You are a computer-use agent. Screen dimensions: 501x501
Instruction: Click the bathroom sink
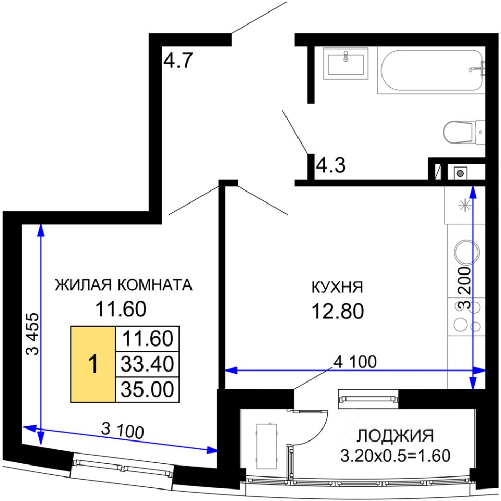345,63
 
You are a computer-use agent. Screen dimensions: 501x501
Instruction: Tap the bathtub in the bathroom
432,70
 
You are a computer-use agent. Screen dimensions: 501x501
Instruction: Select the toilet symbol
464,132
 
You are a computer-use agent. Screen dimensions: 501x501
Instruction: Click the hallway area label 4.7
178,60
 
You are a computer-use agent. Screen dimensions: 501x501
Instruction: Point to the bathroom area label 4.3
331,165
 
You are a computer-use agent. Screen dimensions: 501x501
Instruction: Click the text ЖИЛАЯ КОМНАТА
124,285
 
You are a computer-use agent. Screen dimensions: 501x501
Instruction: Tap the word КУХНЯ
337,287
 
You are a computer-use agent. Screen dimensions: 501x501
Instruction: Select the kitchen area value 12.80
338,311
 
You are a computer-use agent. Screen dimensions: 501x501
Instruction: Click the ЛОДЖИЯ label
395,436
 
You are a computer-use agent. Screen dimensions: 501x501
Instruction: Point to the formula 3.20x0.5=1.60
395,456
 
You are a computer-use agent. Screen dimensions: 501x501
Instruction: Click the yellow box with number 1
93,364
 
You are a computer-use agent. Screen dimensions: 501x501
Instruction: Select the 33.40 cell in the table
147,364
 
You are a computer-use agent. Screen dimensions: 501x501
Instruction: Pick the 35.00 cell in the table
147,389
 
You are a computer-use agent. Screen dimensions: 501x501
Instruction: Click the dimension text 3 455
32,334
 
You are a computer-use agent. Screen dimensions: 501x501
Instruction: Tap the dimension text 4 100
355,362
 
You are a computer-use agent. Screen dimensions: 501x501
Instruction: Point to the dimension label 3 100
122,431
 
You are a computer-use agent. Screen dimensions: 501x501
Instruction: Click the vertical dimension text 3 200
465,288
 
